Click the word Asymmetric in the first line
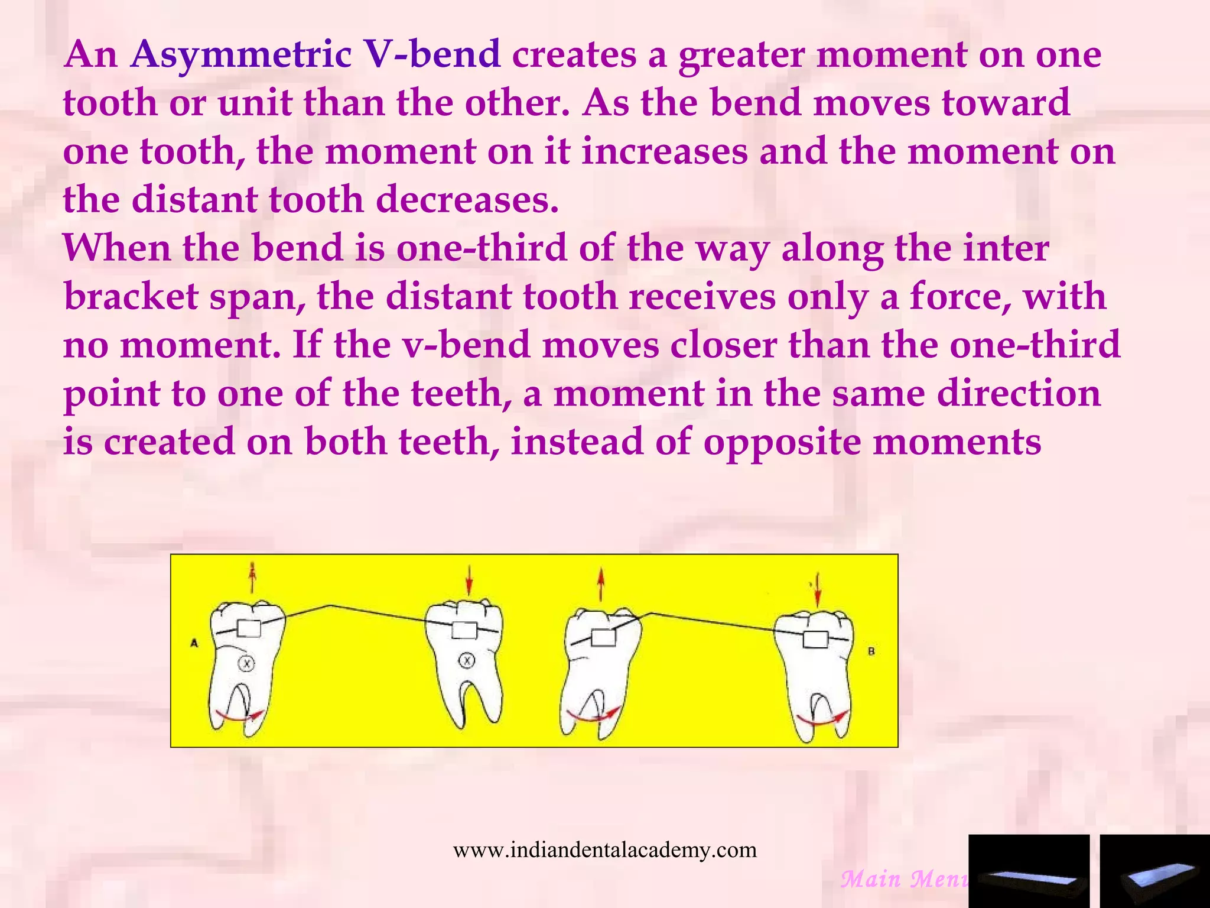tap(241, 54)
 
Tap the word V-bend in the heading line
tap(432, 54)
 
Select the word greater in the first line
tap(741, 54)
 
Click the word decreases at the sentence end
tap(467, 200)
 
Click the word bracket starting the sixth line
tap(131, 297)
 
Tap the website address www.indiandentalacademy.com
tap(604, 849)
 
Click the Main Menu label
tap(904, 879)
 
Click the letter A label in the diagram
tap(194, 643)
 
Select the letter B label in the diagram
tap(871, 651)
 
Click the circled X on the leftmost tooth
tap(246, 664)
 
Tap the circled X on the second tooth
tap(467, 660)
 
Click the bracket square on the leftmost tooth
tap(249, 628)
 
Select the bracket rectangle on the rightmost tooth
tap(815, 639)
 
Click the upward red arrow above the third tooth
tap(601, 583)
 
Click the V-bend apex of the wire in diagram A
tap(330, 605)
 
